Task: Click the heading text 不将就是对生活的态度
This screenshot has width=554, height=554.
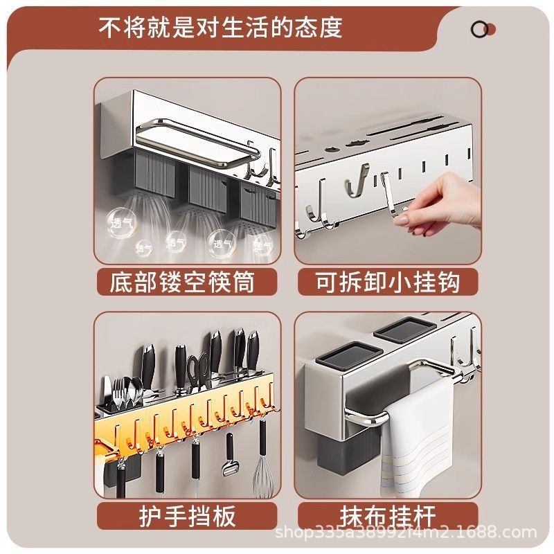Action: (x=221, y=28)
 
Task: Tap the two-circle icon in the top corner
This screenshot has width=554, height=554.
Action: (x=483, y=29)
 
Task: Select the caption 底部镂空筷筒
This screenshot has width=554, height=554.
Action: (x=182, y=282)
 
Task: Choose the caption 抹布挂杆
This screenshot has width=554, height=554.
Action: (x=388, y=516)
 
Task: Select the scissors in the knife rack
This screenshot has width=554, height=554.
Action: (x=198, y=367)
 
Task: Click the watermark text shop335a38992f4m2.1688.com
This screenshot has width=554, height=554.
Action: (x=406, y=533)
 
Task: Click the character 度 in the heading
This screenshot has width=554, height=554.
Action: (x=330, y=28)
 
